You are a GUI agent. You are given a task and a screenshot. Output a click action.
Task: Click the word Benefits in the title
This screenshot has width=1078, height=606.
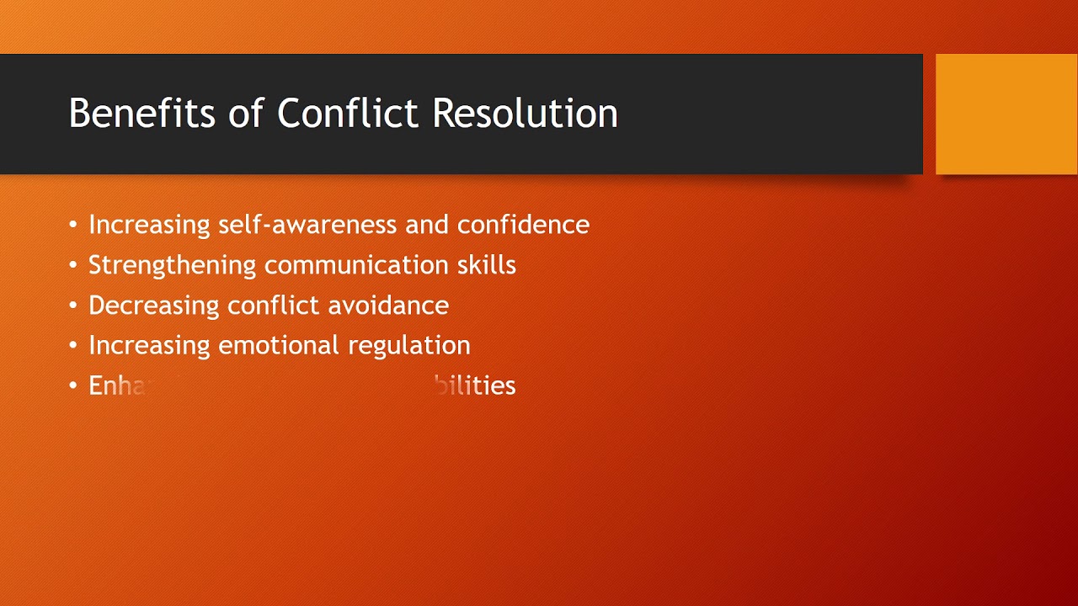pyautogui.click(x=141, y=114)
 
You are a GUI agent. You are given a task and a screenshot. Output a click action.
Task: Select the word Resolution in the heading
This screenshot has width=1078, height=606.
pyautogui.click(x=525, y=114)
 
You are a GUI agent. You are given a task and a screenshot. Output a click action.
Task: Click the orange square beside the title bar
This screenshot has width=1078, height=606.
pyautogui.click(x=1006, y=114)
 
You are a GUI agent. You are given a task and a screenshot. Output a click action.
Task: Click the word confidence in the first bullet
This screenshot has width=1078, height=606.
pyautogui.click(x=523, y=225)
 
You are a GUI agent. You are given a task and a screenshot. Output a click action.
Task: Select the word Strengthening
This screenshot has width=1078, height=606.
pyautogui.click(x=172, y=266)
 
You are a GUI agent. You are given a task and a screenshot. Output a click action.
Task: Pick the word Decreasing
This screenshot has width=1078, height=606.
pyautogui.click(x=154, y=306)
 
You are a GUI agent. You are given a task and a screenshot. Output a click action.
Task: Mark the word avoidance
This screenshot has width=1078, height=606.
pyautogui.click(x=388, y=306)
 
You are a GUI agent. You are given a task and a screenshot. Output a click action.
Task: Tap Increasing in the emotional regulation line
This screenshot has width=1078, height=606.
pyautogui.click(x=150, y=346)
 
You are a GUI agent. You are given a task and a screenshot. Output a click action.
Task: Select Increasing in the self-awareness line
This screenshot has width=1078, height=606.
pyautogui.click(x=150, y=225)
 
